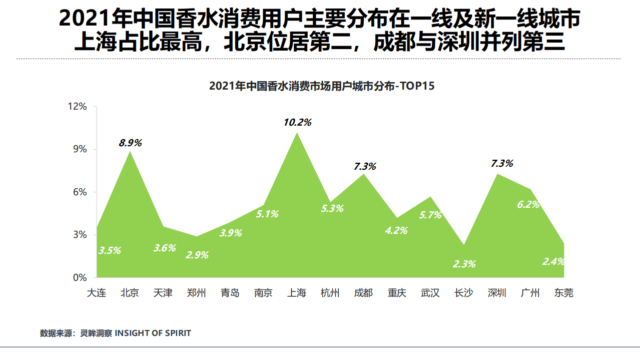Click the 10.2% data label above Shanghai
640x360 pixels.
click(297, 122)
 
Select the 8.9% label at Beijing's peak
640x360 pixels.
click(130, 143)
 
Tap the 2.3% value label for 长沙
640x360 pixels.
click(464, 264)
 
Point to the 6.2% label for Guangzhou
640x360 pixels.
click(528, 204)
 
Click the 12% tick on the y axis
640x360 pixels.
click(78, 107)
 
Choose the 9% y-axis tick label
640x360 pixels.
click(80, 149)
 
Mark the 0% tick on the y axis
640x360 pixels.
click(80, 277)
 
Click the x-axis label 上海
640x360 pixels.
click(296, 293)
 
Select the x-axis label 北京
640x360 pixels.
click(130, 293)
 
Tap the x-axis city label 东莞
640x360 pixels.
click(563, 293)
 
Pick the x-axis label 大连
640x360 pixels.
click(96, 293)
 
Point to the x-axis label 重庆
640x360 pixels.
click(397, 293)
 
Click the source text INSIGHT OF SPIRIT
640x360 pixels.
click(153, 333)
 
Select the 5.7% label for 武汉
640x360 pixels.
click(430, 215)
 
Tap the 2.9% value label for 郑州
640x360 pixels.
click(197, 255)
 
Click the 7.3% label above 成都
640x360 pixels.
click(364, 166)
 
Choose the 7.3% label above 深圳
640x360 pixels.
click(502, 163)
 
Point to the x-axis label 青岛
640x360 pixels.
click(230, 293)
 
